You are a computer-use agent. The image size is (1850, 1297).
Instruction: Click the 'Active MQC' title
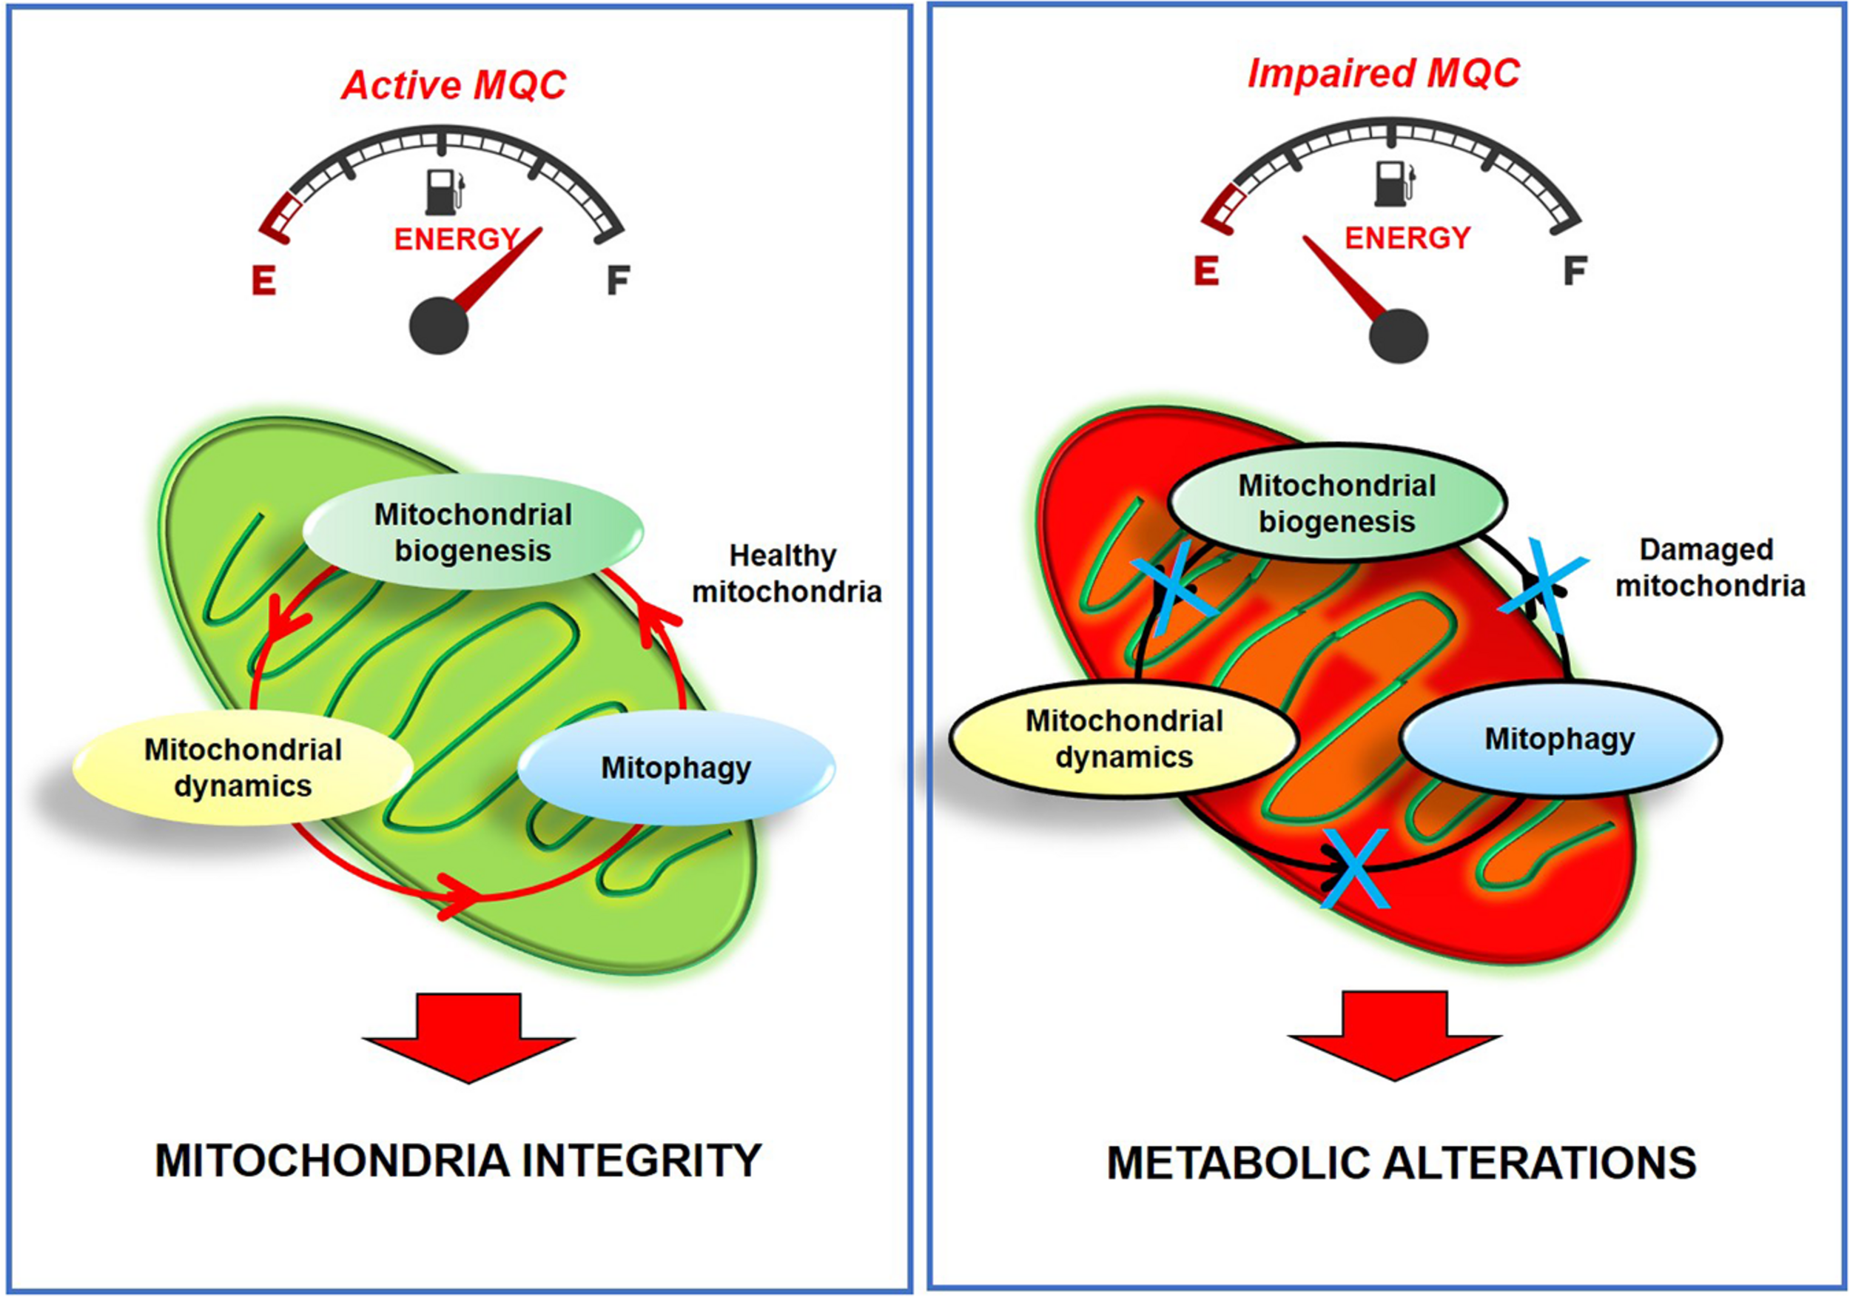454,85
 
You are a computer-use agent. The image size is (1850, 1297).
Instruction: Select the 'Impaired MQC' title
1382,74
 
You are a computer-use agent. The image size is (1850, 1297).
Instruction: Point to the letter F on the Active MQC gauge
617,280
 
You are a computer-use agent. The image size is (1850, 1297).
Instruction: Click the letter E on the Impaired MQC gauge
1205,271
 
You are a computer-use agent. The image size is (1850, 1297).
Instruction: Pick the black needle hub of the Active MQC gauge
439,326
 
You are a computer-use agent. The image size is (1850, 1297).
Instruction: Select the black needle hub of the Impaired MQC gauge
1398,335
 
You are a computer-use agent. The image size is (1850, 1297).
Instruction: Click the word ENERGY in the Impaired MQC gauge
1407,238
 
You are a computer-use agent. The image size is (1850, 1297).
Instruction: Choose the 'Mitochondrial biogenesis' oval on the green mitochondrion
473,532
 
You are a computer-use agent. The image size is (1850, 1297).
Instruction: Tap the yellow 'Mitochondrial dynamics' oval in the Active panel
243,768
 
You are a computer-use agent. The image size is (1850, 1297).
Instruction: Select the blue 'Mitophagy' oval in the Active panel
676,768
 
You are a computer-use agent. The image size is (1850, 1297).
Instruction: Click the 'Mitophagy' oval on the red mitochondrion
1560,738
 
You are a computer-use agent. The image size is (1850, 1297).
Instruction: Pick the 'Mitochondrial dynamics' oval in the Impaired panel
1124,738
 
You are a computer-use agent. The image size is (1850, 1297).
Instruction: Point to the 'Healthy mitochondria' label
787,573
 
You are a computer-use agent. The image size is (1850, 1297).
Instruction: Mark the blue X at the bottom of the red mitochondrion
1353,869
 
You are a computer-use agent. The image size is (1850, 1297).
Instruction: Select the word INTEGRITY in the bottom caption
642,1162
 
